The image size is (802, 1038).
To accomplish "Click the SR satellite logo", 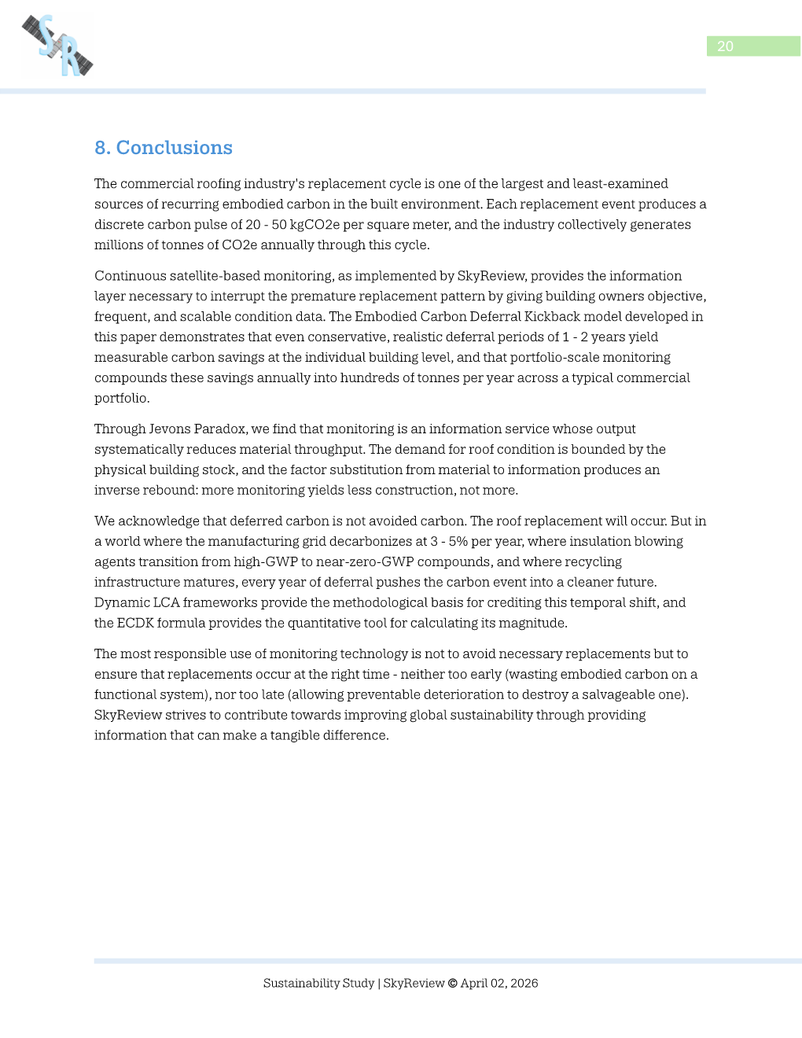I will (x=57, y=46).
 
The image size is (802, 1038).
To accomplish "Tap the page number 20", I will (x=725, y=46).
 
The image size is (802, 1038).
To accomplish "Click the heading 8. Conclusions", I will (x=164, y=148).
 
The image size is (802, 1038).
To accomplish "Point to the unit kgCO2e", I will (x=315, y=224).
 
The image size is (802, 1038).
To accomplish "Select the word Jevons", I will (x=170, y=429).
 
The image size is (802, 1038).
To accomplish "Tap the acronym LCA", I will (x=167, y=602).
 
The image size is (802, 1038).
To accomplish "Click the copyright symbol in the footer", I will (x=452, y=983).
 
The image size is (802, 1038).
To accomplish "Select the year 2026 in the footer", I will (x=524, y=983).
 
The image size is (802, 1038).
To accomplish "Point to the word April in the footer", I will (x=474, y=983).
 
